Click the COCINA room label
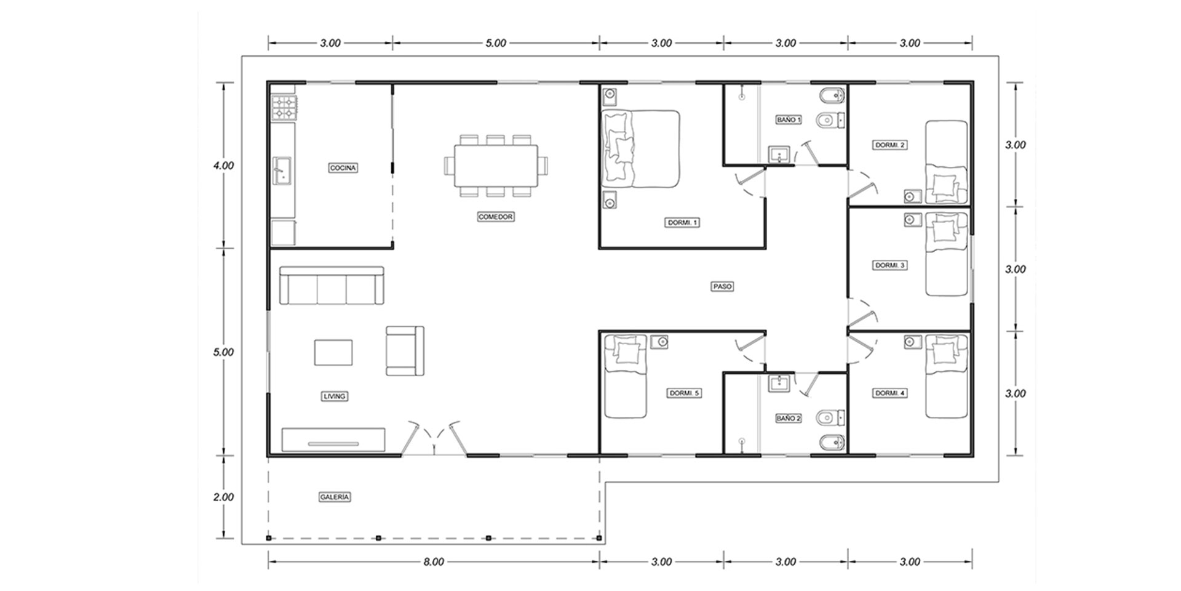click(x=343, y=167)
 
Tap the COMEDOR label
click(x=495, y=217)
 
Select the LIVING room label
click(x=335, y=396)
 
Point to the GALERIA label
click(x=335, y=497)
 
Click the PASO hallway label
click(x=722, y=286)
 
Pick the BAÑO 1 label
click(x=789, y=120)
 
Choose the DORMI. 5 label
click(x=684, y=393)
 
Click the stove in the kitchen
click(x=284, y=107)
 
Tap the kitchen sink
click(x=283, y=170)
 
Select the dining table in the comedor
click(x=496, y=166)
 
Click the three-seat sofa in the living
click(x=332, y=285)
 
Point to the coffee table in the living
click(x=333, y=352)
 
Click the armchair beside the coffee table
click(x=405, y=350)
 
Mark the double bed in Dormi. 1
click(x=640, y=148)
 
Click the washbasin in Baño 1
click(x=779, y=155)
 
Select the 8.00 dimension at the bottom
click(x=434, y=561)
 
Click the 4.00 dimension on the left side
click(x=223, y=166)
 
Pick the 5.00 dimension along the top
click(x=496, y=43)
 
